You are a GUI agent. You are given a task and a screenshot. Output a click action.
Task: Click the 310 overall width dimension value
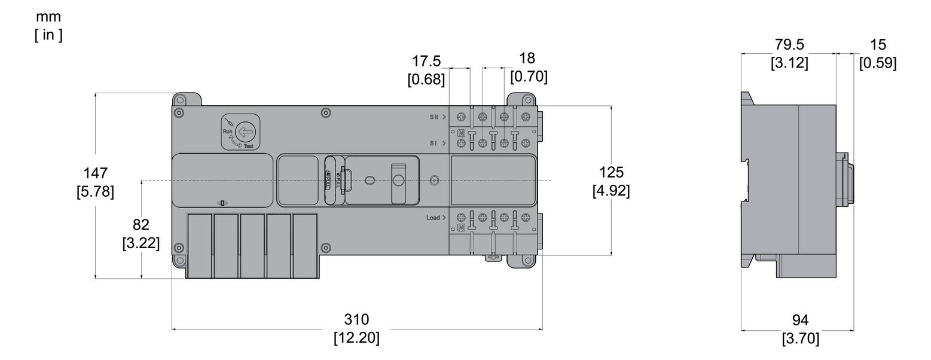tap(356, 319)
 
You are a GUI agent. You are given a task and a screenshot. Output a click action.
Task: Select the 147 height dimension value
tap(96, 173)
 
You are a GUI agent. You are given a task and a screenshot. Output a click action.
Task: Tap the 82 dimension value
tap(141, 225)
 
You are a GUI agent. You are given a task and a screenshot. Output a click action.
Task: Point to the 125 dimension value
tap(611, 172)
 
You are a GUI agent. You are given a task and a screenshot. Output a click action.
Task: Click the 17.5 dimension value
tap(426, 61)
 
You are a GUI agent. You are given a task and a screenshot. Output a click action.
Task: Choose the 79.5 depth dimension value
tap(789, 45)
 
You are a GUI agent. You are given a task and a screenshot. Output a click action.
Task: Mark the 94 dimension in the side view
tap(801, 320)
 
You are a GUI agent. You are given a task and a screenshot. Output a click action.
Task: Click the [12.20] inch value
tap(356, 338)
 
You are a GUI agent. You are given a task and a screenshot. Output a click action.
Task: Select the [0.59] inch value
tap(878, 63)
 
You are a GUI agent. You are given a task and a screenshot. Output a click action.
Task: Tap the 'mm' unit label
tap(48, 16)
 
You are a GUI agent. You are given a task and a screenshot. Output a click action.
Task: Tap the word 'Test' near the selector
tap(248, 146)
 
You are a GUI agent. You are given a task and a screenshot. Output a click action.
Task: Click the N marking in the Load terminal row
tap(461, 228)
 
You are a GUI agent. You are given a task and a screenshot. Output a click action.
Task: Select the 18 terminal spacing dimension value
tap(527, 58)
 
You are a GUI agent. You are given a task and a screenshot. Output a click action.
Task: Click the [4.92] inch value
tap(611, 191)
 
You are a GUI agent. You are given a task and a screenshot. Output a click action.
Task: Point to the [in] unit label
tap(48, 35)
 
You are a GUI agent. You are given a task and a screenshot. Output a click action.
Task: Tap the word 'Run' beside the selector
tap(227, 131)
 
